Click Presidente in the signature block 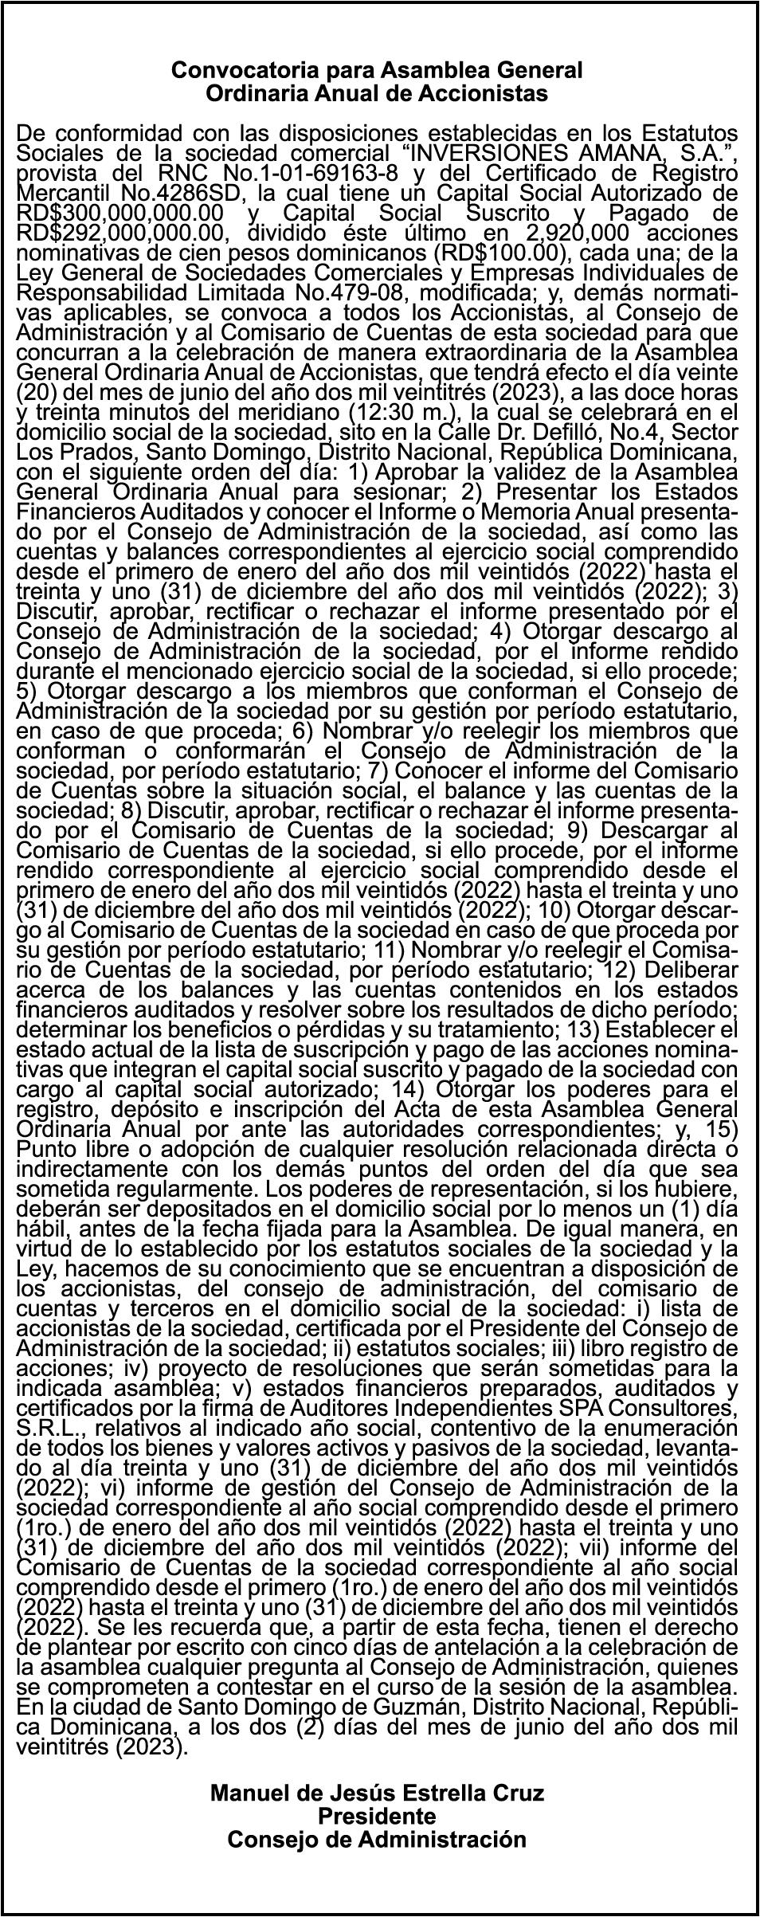coord(378,1794)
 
